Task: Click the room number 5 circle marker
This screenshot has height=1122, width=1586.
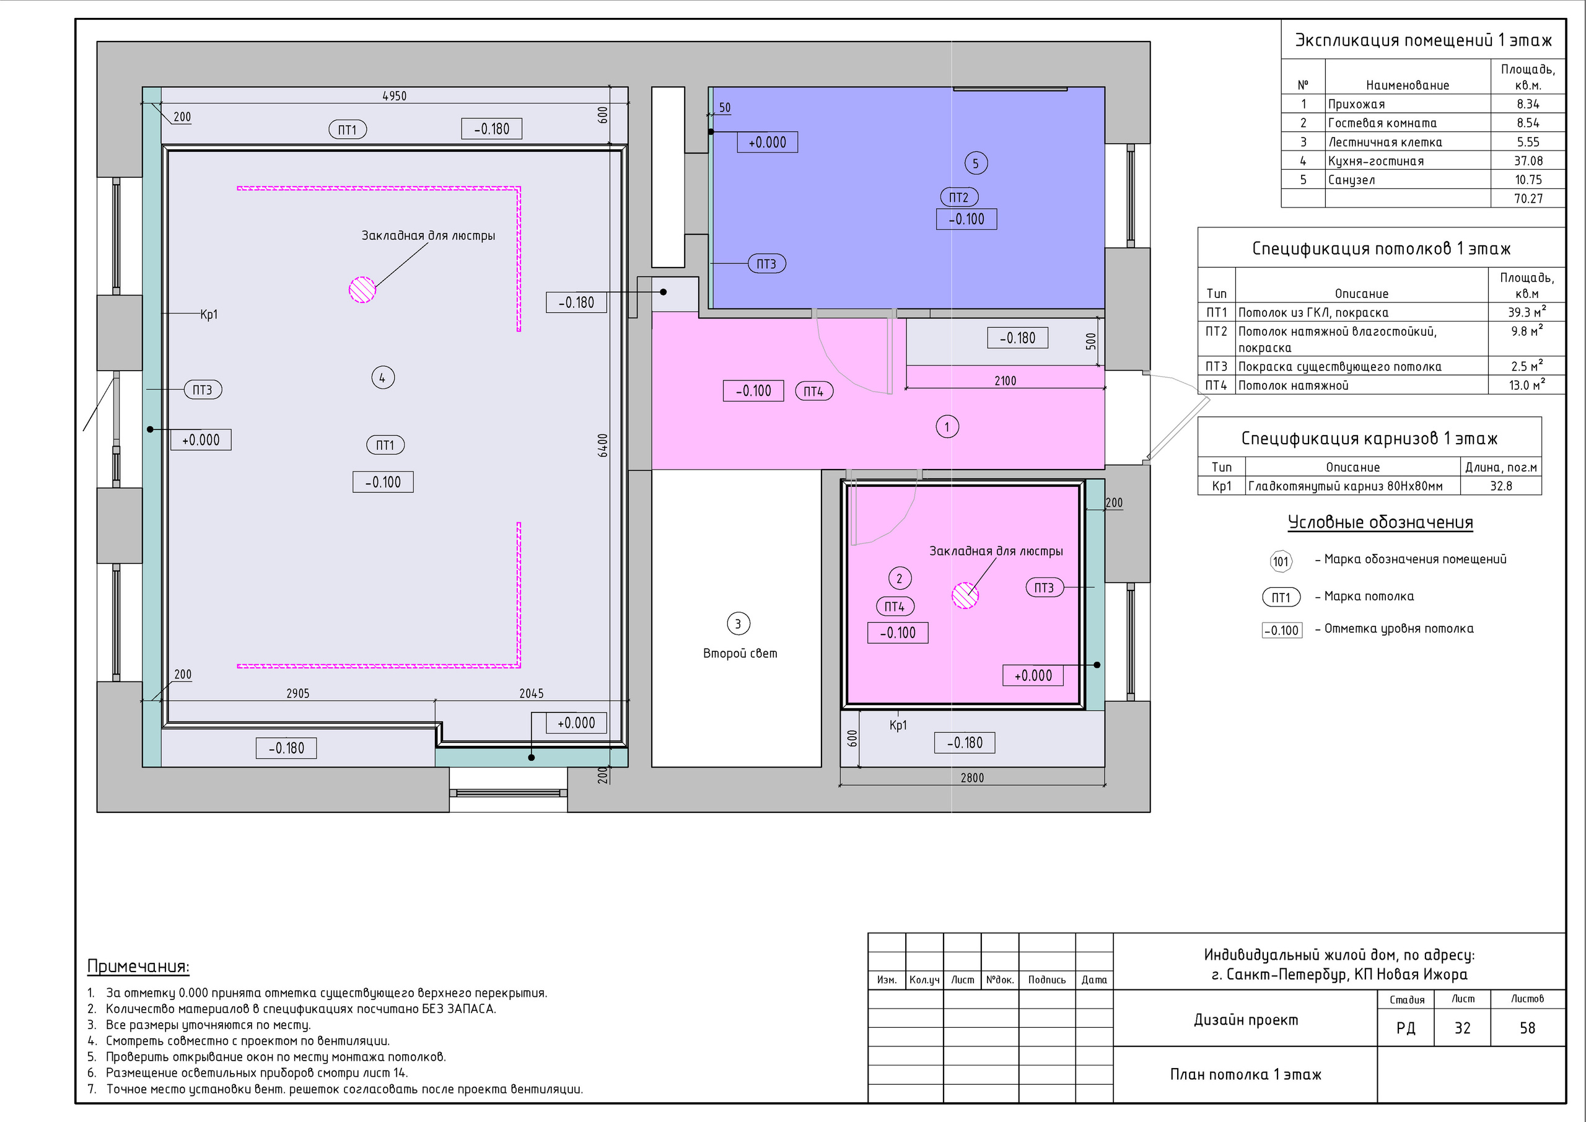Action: click(x=975, y=164)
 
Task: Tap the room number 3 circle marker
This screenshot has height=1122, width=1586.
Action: click(x=738, y=624)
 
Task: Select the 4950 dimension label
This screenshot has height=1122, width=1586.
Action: click(x=395, y=96)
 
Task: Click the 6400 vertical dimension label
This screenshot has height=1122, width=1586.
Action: click(x=603, y=445)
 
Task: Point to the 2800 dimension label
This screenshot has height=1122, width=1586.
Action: click(x=972, y=778)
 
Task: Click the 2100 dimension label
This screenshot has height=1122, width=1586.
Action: click(x=1005, y=380)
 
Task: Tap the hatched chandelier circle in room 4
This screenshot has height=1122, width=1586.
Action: click(x=362, y=289)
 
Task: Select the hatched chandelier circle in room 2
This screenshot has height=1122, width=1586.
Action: click(x=966, y=595)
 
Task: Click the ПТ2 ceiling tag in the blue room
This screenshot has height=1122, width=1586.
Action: click(x=960, y=198)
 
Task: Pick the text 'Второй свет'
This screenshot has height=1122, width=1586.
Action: click(x=740, y=654)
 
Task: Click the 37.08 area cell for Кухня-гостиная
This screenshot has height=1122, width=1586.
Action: click(x=1528, y=161)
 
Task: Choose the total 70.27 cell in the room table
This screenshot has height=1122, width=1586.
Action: click(x=1528, y=199)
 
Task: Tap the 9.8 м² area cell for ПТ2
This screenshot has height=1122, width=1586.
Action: click(x=1527, y=331)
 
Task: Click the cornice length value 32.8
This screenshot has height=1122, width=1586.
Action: click(x=1501, y=486)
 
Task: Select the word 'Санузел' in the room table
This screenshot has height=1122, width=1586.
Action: click(x=1351, y=180)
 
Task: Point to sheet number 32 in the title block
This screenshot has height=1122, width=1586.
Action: click(x=1462, y=1028)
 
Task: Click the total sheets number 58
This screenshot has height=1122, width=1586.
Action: click(x=1527, y=1028)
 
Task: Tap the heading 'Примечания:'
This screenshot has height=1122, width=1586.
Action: click(x=138, y=966)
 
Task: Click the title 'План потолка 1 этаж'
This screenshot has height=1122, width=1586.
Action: click(x=1245, y=1074)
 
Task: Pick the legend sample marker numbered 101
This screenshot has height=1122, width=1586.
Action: click(x=1281, y=561)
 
